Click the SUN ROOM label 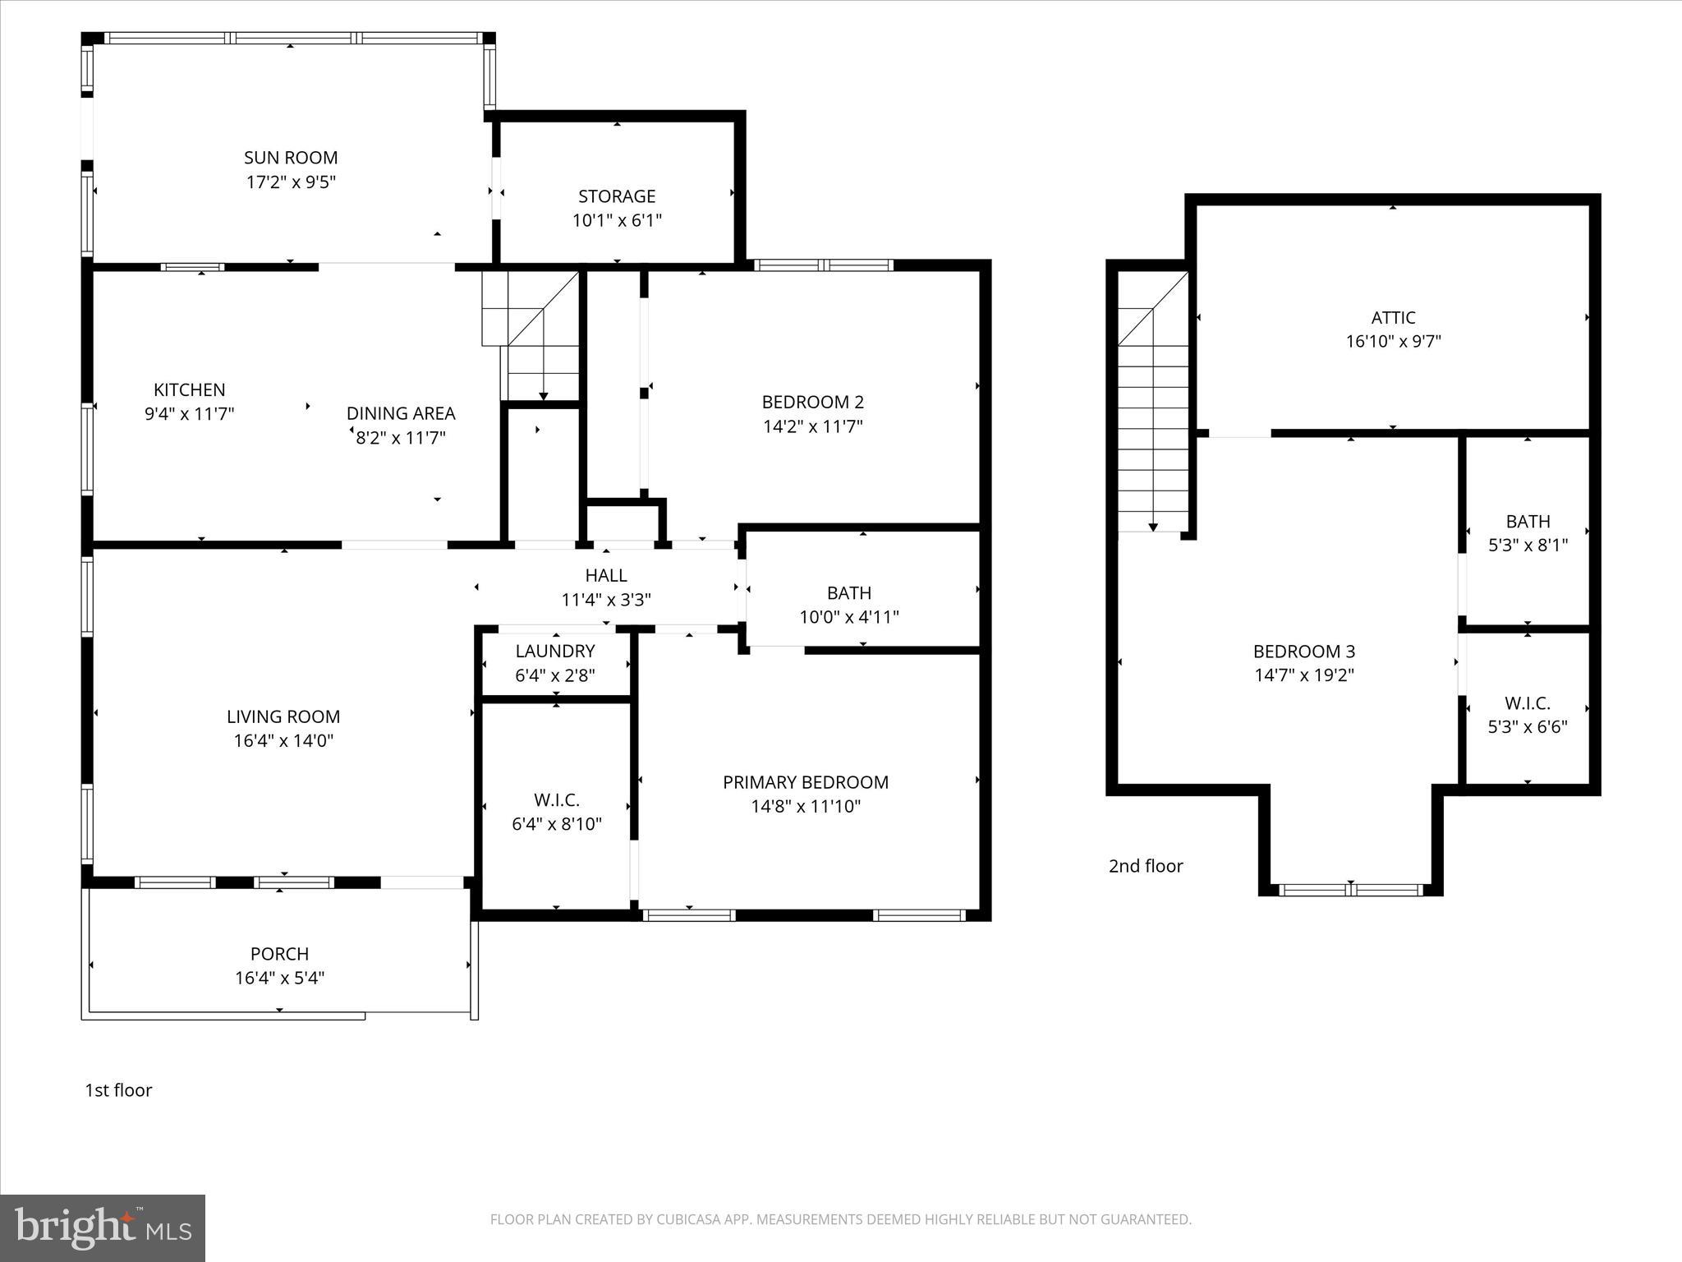point(291,158)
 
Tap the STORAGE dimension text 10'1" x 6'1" point(617,220)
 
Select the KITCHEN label point(189,390)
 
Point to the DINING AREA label point(401,413)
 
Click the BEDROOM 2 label point(812,403)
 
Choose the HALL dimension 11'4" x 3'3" point(606,600)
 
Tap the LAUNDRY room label point(555,652)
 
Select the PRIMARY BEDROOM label point(806,782)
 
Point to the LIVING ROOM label point(283,716)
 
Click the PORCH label point(279,954)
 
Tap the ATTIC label point(1393,318)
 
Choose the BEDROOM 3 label point(1303,652)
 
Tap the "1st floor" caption point(118,1090)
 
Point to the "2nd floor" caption point(1146,866)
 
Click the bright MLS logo point(103,1227)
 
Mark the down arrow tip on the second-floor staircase point(1153,529)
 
